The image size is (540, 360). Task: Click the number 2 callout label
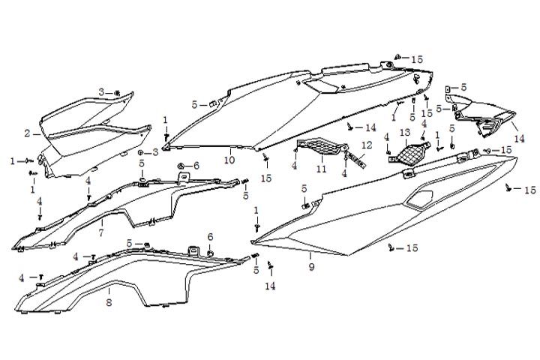point(27,133)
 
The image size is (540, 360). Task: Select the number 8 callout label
point(109,302)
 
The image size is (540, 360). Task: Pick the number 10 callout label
point(229,160)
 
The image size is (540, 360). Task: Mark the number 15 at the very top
point(417,58)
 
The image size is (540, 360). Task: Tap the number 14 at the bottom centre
point(269,286)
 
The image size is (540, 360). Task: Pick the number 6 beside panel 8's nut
point(210,237)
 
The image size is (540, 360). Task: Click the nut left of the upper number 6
point(181,166)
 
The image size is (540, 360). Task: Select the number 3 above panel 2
point(102,91)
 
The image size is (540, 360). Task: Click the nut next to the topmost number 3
point(118,92)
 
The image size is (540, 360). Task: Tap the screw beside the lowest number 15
point(391,247)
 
